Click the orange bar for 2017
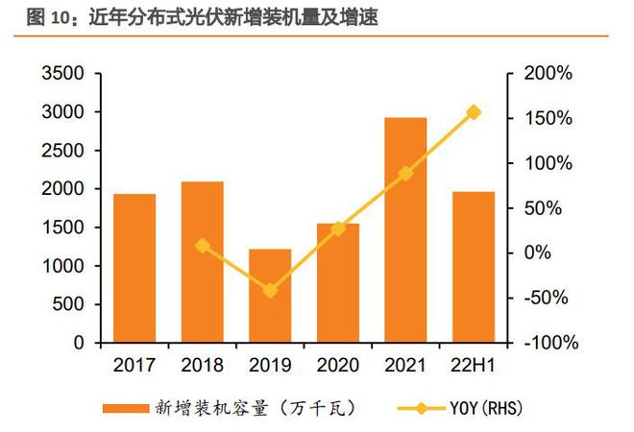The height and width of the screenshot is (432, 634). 134,269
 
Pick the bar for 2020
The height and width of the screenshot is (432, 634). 338,283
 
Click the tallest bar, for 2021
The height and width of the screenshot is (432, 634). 405,230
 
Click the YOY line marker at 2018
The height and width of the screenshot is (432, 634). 203,246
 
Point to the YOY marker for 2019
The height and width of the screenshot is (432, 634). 270,290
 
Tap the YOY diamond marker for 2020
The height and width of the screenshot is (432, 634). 338,228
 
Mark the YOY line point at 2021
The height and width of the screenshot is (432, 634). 405,174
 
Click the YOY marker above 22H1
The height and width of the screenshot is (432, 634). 474,112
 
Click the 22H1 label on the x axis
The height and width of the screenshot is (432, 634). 474,366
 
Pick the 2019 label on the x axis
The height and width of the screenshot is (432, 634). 270,366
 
